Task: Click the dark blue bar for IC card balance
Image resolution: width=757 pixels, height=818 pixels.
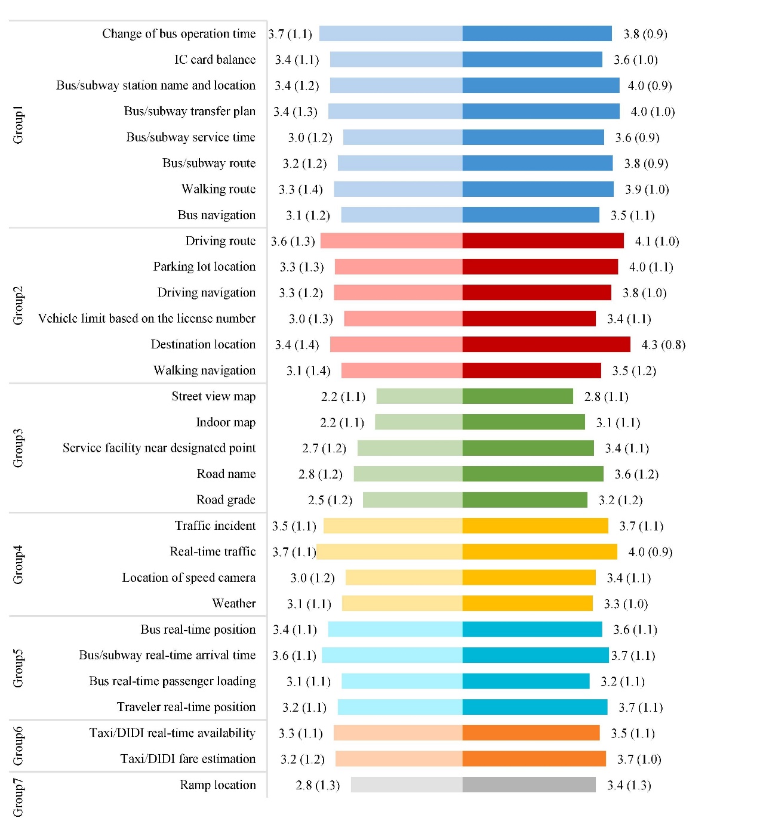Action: tap(532, 60)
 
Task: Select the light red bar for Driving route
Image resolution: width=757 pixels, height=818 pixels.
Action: tap(391, 241)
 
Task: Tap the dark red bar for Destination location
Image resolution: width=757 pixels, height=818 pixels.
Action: tap(546, 345)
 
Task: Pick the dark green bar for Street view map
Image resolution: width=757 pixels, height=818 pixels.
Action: tap(518, 397)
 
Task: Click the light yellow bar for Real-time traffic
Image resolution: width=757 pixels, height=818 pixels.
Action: tap(389, 552)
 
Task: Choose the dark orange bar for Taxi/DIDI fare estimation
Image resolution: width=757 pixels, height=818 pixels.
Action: tap(534, 759)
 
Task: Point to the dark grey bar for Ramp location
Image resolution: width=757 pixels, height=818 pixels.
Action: tap(529, 785)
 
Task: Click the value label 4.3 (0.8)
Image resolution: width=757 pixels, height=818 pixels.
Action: tap(663, 345)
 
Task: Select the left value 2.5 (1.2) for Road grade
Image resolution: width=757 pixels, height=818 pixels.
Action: tap(330, 500)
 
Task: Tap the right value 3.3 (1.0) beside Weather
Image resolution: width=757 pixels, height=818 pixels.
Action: tap(626, 604)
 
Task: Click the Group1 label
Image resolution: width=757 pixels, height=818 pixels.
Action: tap(18, 125)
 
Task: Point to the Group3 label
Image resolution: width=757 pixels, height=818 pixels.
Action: tap(18, 448)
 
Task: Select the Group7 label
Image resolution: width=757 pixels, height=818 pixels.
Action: tap(18, 797)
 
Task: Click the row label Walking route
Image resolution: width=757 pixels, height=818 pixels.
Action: tap(219, 189)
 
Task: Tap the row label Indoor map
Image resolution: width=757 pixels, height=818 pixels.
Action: tap(226, 422)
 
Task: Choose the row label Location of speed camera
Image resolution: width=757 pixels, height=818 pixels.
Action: tap(189, 578)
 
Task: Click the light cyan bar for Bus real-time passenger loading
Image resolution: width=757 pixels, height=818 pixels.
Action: tap(402, 681)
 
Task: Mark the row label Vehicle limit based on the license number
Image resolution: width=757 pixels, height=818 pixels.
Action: tap(147, 319)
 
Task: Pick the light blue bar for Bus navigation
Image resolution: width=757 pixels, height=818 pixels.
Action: tap(401, 215)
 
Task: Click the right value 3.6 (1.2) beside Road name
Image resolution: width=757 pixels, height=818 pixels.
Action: tap(636, 474)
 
